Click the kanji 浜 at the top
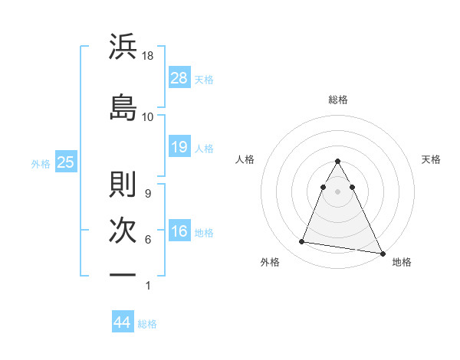click(x=123, y=47)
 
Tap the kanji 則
click(x=123, y=184)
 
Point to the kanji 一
click(x=123, y=274)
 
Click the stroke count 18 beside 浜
click(x=149, y=57)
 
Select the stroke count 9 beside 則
click(x=147, y=193)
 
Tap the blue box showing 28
click(x=179, y=78)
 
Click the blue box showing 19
click(x=179, y=147)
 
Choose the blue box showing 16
click(x=179, y=231)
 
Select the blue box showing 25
click(x=66, y=162)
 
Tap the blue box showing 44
click(x=123, y=322)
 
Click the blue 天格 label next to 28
click(x=204, y=80)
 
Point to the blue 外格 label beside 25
click(x=41, y=163)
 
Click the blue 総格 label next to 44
click(x=147, y=324)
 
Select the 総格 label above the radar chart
click(x=338, y=100)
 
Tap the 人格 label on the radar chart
click(x=245, y=159)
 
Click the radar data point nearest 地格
click(x=382, y=253)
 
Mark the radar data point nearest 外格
click(x=301, y=242)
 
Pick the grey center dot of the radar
click(x=338, y=191)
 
